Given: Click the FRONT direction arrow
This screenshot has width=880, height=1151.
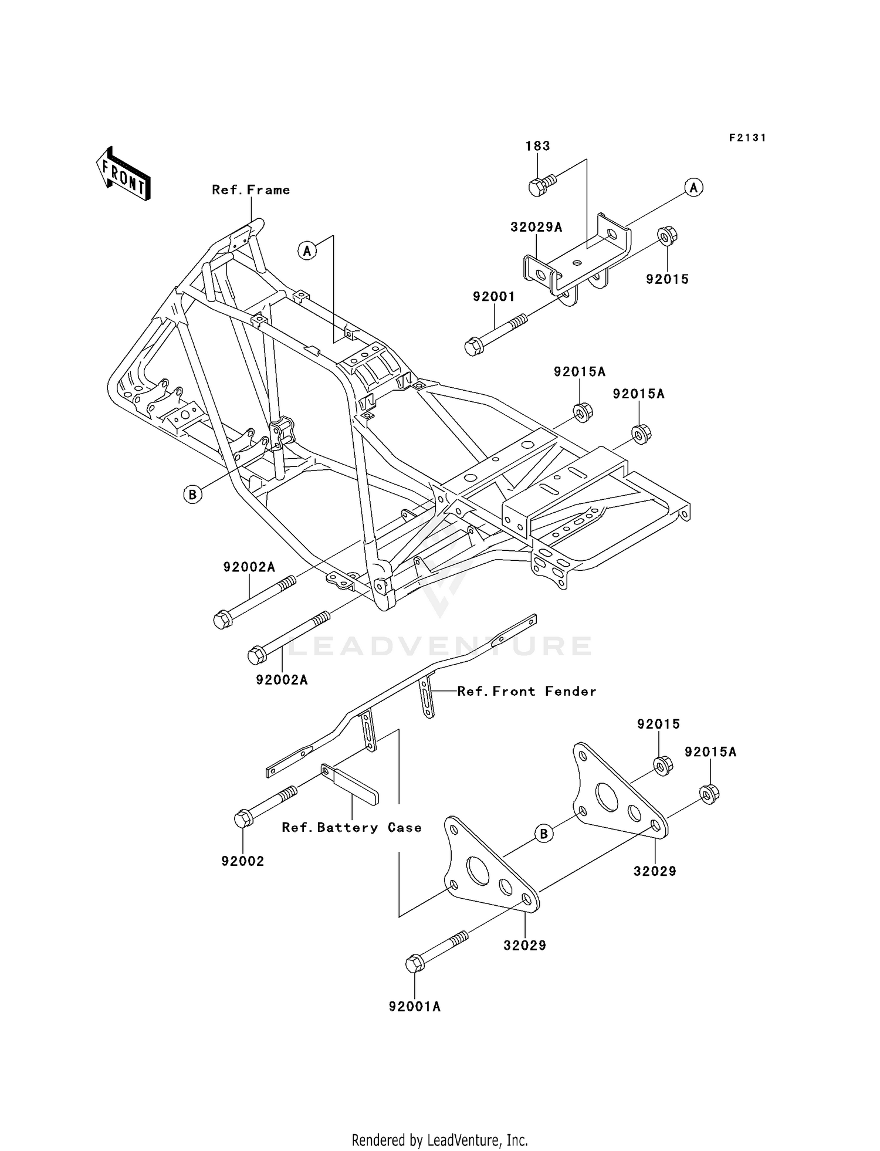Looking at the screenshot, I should click(123, 174).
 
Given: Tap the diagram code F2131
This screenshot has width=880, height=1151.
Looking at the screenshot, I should click(747, 138).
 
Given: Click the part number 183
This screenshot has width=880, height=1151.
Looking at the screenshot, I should click(537, 145).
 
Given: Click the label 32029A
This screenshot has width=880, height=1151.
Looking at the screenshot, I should click(536, 227).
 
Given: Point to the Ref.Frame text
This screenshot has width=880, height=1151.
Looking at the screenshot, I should click(251, 189).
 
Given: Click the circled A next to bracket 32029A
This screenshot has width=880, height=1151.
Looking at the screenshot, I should click(693, 188).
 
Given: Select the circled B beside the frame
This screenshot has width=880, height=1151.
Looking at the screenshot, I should click(192, 494).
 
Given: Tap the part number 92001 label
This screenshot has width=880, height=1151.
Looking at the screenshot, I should click(494, 297).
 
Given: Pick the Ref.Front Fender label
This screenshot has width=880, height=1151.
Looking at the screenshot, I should click(526, 691).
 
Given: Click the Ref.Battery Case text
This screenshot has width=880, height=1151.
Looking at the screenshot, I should click(351, 827).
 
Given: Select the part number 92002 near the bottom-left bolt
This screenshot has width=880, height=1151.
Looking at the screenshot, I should click(242, 861).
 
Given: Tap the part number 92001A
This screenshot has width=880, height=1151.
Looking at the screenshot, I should click(414, 1007).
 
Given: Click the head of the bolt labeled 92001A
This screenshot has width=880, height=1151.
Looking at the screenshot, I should click(414, 963).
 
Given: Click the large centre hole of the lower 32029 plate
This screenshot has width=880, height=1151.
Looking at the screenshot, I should click(478, 871).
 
